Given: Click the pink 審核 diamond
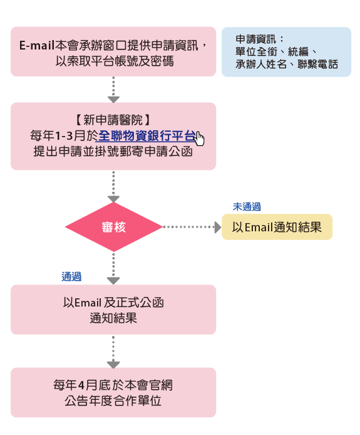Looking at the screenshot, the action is click(x=113, y=227).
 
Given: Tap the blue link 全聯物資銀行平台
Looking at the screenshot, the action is click(x=147, y=136).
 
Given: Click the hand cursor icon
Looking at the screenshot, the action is click(x=200, y=139).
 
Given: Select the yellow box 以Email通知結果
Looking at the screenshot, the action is click(x=277, y=227).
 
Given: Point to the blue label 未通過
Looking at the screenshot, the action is click(x=247, y=207).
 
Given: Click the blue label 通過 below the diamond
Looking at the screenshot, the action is click(x=71, y=276).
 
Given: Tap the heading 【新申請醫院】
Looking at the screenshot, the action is click(x=113, y=120).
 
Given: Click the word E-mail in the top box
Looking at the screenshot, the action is click(x=36, y=46).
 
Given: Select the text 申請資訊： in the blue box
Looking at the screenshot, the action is click(x=260, y=39).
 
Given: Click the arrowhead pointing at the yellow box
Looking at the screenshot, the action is click(x=218, y=227).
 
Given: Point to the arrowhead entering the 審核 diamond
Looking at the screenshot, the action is click(x=113, y=199).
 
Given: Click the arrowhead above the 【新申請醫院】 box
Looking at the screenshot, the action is click(x=113, y=99).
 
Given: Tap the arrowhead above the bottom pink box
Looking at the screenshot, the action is click(x=113, y=365).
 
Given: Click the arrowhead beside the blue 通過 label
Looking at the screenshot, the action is click(x=113, y=280).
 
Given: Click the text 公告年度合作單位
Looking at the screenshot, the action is click(x=113, y=401).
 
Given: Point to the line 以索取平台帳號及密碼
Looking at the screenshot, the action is click(x=115, y=61).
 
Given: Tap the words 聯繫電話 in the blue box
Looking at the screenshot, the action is click(x=318, y=65).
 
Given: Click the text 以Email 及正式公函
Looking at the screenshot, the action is click(x=113, y=302).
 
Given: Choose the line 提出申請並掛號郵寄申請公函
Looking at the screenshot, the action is click(x=113, y=152).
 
